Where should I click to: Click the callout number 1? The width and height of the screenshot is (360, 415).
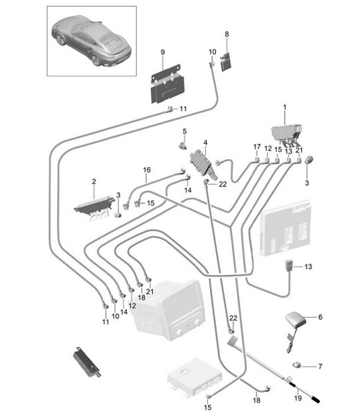(x=285, y=106)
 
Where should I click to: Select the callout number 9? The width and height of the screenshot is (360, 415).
(x=161, y=52)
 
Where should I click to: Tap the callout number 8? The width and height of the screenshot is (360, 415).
(x=227, y=33)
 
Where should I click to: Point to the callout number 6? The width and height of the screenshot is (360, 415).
(x=320, y=317)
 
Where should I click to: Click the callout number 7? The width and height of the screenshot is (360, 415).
(x=320, y=365)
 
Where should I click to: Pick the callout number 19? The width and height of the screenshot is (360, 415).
(x=298, y=398)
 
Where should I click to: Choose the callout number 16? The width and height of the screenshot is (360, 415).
(x=146, y=169)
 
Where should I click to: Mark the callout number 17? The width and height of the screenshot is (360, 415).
(x=256, y=147)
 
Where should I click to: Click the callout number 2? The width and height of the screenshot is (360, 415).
(x=94, y=181)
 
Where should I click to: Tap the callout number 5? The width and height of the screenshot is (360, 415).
(x=185, y=131)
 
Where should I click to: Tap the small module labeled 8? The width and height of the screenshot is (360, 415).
(x=225, y=61)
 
